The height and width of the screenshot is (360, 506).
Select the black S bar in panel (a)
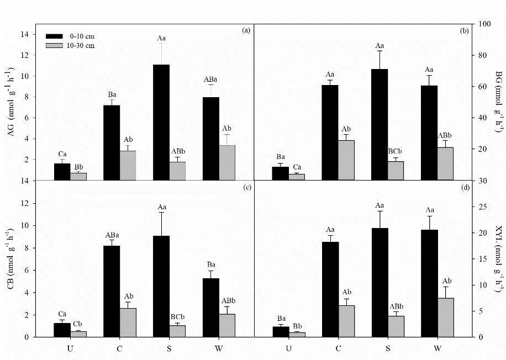coord(161,122)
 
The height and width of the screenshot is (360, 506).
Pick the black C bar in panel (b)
coord(329,133)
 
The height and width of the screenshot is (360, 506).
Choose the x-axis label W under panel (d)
coord(438,348)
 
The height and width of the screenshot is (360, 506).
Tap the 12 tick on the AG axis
coord(25,55)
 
